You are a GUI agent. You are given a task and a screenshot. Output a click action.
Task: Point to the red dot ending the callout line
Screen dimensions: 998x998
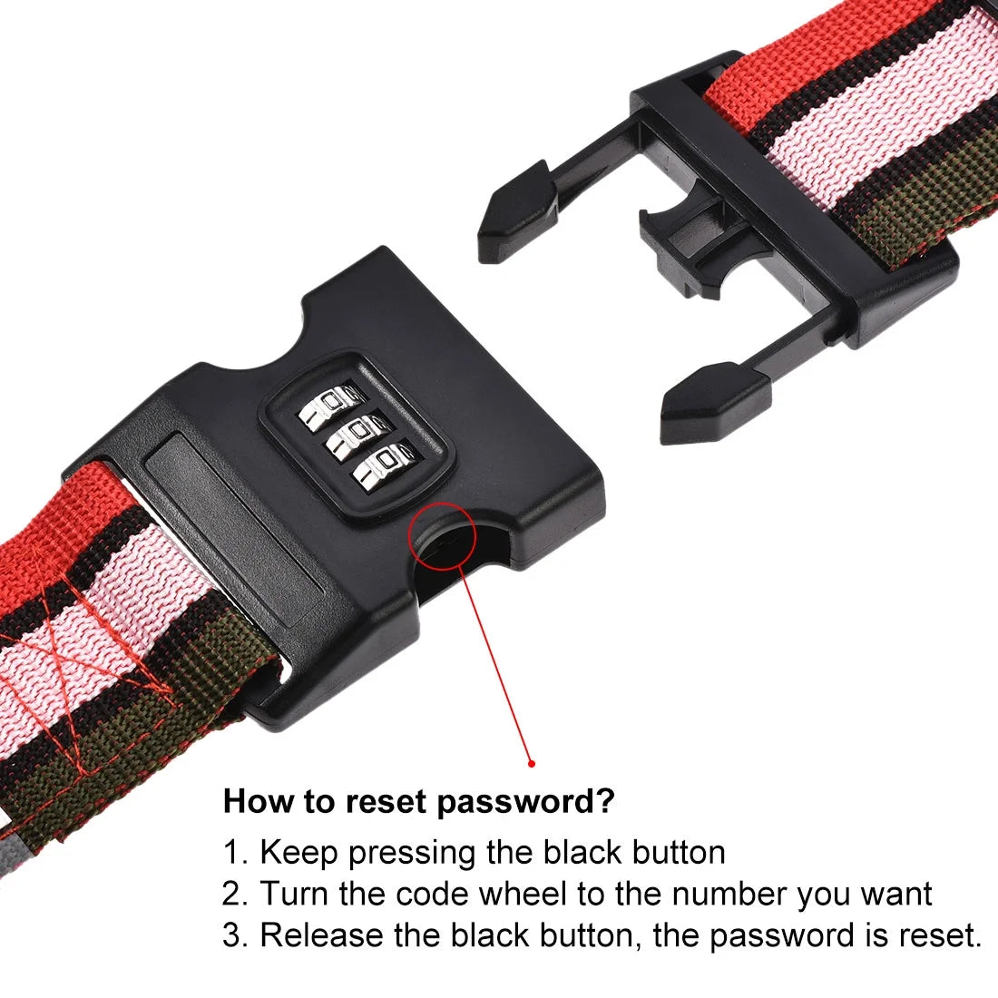click(532, 763)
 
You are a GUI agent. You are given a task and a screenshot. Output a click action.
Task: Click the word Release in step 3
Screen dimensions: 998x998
click(320, 935)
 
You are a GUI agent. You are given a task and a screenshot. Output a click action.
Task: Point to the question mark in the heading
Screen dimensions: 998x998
click(606, 802)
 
